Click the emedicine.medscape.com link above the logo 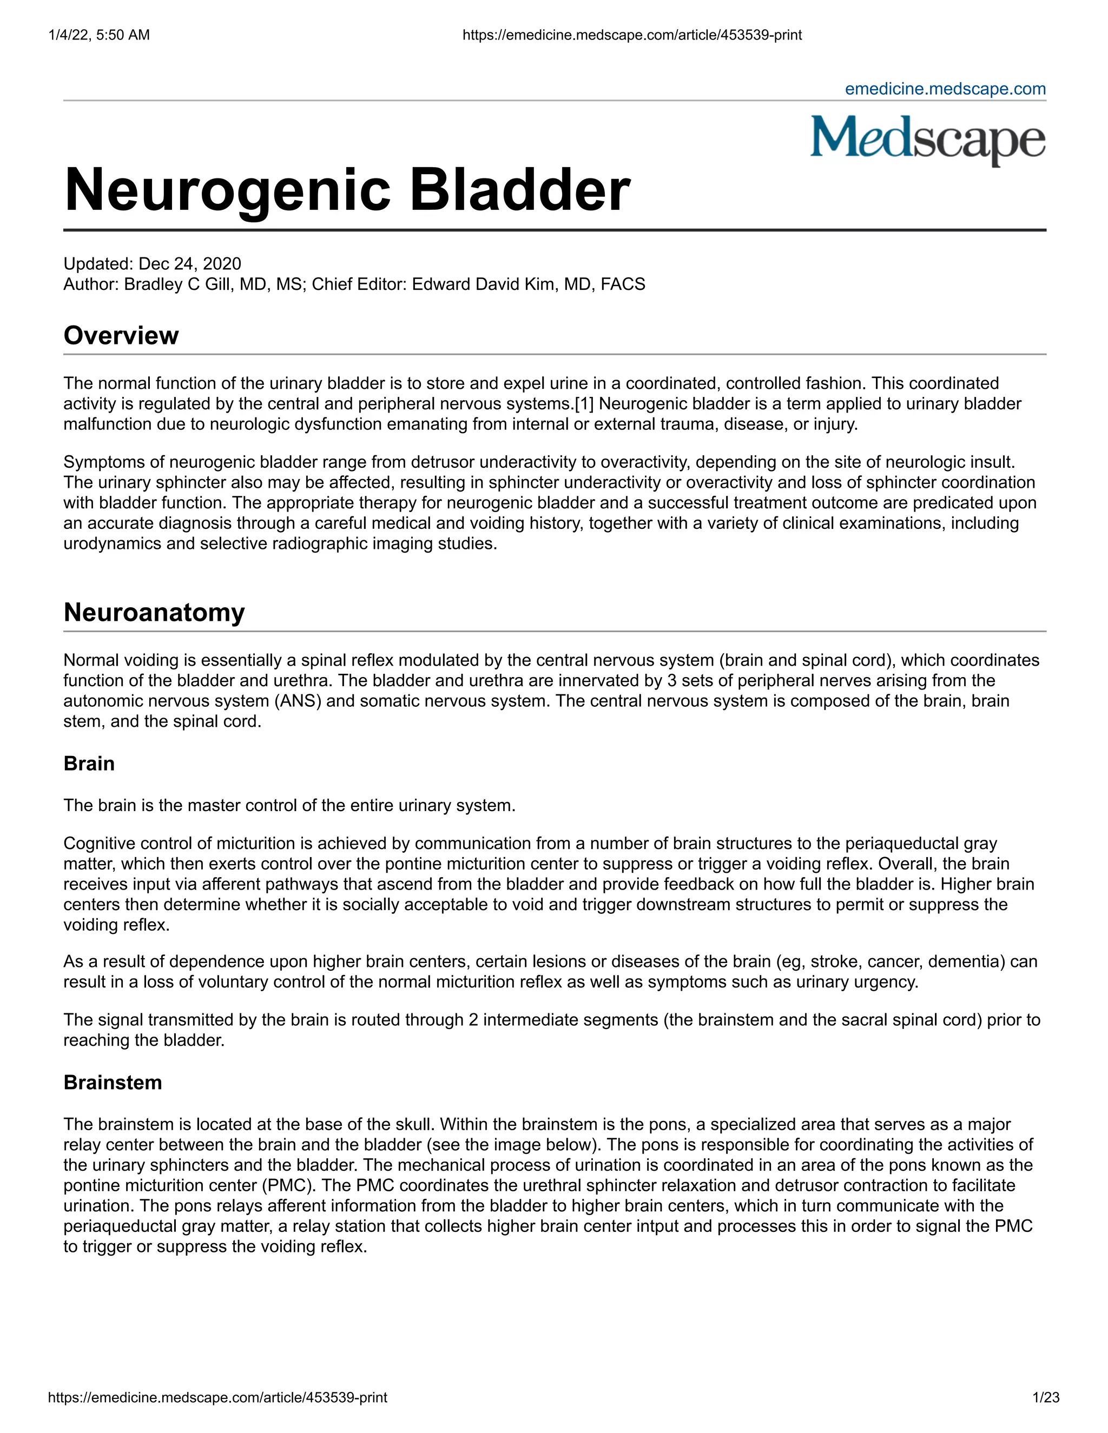945,89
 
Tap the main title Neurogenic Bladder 347,190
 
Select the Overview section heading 121,335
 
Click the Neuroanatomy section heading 154,612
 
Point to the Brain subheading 89,764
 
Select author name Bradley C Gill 178,284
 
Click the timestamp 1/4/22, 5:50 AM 98,35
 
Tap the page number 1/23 1046,1397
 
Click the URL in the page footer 217,1397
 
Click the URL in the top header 631,35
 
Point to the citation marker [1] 584,403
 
